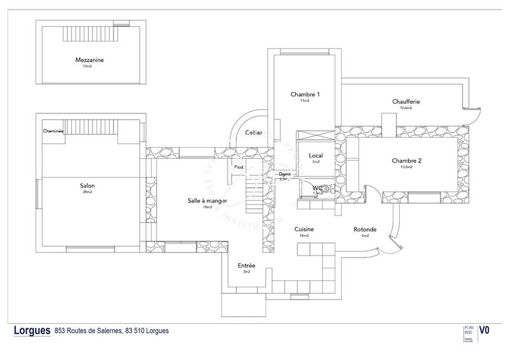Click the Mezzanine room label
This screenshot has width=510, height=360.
pos(89,61)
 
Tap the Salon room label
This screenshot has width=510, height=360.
pos(87,186)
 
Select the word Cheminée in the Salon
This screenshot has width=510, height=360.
pos(53,131)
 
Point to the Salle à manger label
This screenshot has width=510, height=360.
pos(207,201)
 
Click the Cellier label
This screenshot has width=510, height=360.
pos(253,133)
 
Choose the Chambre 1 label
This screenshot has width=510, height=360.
pos(305,94)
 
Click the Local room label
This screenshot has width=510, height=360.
pos(316,155)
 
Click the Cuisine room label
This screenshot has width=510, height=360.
pos(304,229)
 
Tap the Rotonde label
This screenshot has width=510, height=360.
pos(365,229)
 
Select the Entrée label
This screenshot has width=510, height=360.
pos(247,265)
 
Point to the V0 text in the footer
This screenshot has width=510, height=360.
pos(485,330)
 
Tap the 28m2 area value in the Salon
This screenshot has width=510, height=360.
pos(87,192)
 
